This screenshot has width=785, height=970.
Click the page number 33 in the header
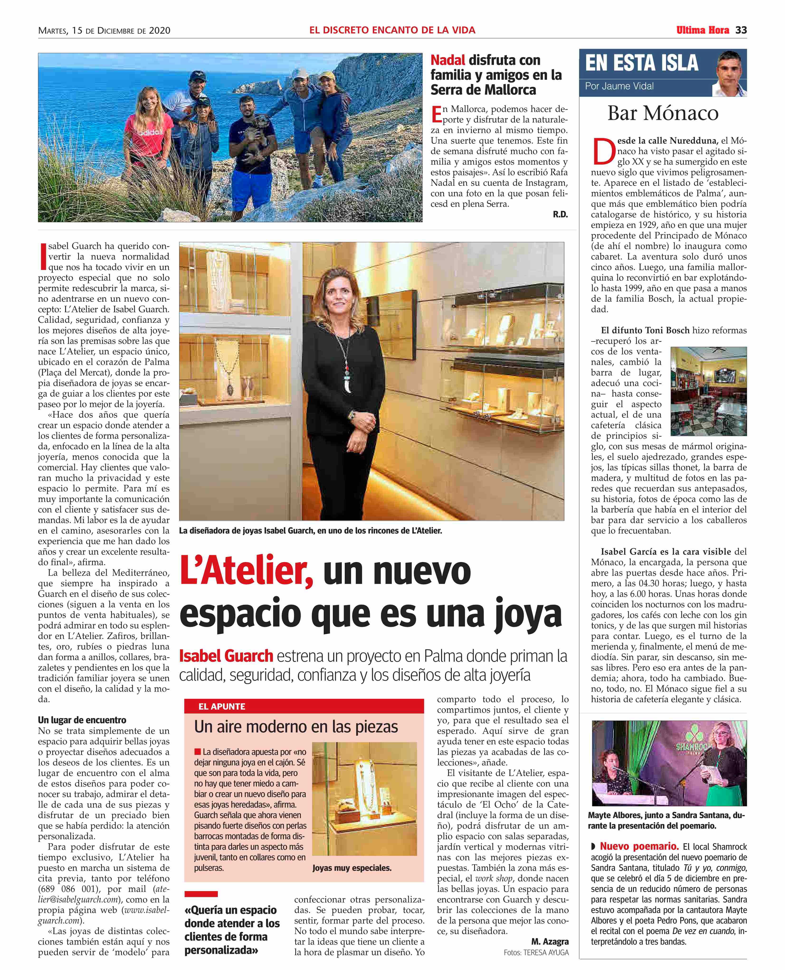tap(741, 30)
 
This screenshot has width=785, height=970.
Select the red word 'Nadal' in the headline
tap(447, 60)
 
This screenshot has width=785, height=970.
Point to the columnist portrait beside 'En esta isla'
tap(729, 74)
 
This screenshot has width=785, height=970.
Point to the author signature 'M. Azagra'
tap(550, 942)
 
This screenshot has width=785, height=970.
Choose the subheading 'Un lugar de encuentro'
tap(82, 720)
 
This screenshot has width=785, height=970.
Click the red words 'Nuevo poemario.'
tap(639, 847)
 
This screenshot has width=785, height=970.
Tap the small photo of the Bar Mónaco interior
tap(708, 391)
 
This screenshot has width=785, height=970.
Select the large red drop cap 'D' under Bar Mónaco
tap(604, 151)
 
